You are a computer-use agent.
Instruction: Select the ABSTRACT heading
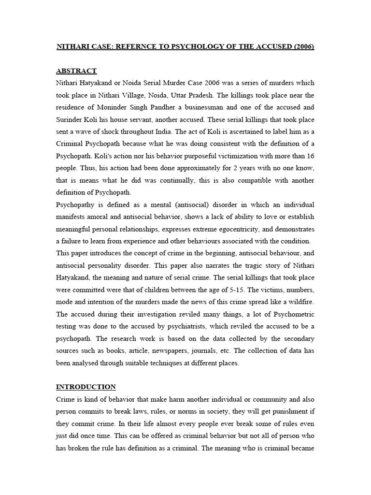pyautogui.click(x=76, y=71)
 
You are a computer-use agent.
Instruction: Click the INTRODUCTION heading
pyautogui.click(x=86, y=387)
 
